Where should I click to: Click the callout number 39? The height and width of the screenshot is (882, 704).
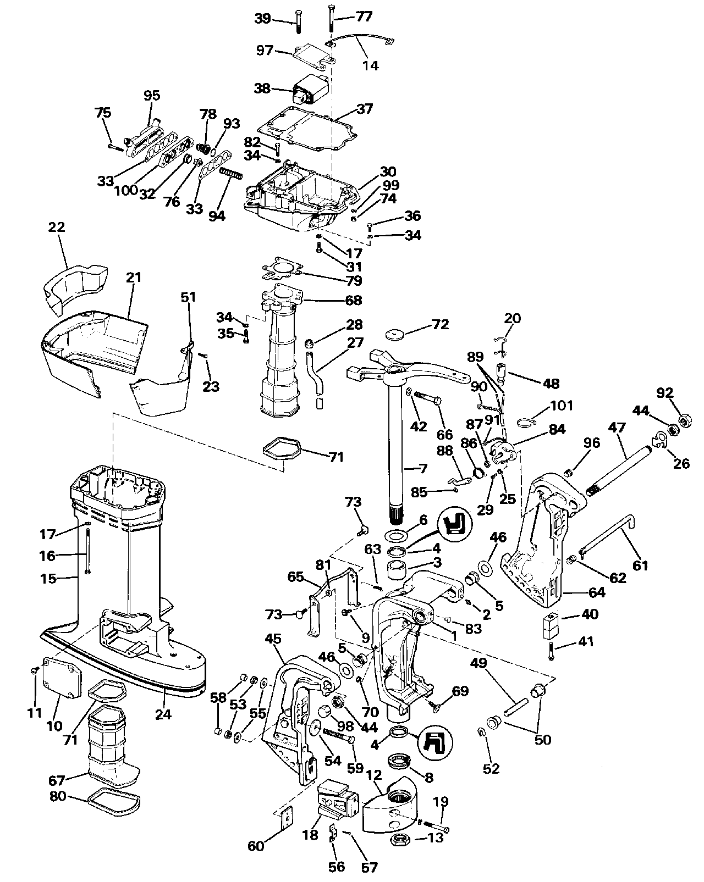tap(263, 19)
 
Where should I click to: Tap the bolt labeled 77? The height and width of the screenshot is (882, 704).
tap(331, 19)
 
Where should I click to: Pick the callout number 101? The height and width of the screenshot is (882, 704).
tap(561, 406)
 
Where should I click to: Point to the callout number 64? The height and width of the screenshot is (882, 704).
tap(597, 592)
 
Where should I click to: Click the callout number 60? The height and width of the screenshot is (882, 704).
tap(256, 846)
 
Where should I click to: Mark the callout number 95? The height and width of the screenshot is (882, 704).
tap(152, 95)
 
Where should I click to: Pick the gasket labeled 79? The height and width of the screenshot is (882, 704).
tap(283, 268)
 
